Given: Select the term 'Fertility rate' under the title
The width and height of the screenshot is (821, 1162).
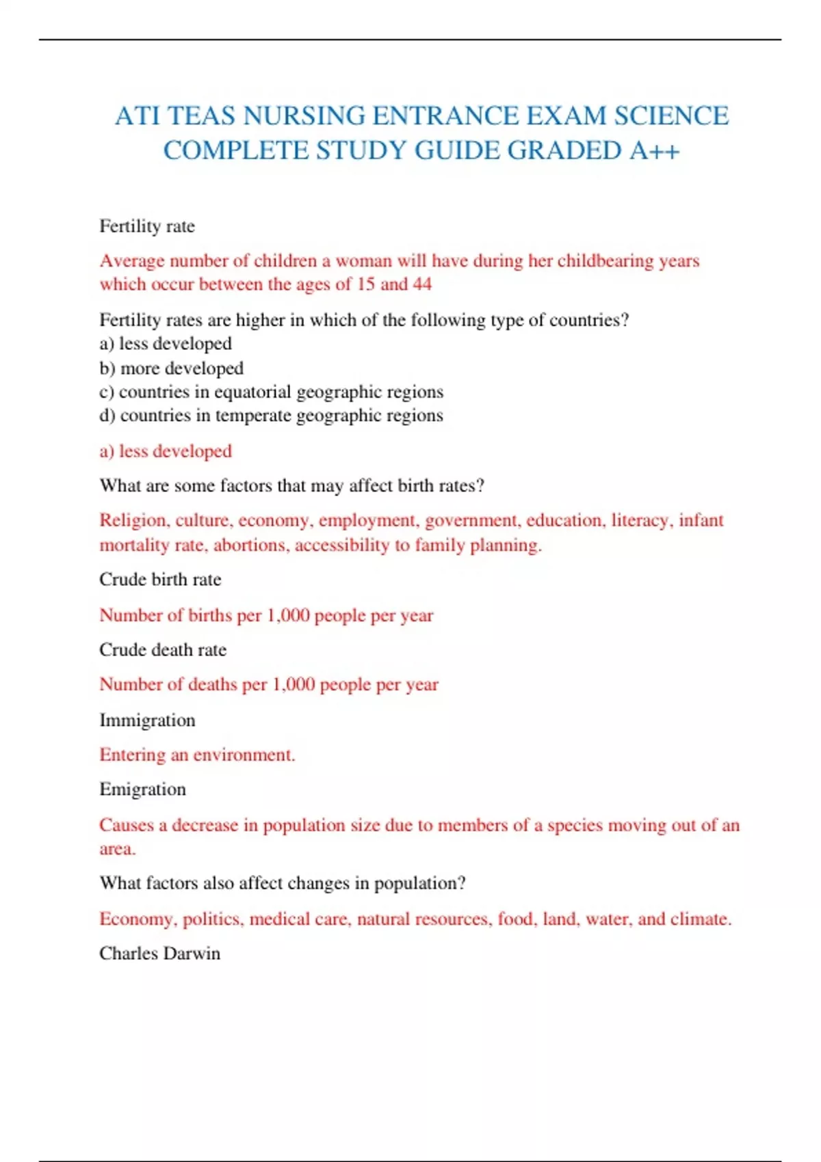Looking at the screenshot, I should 147,226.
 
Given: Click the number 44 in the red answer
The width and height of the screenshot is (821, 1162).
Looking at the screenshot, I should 422,284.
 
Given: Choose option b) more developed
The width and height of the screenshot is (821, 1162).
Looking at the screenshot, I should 171,368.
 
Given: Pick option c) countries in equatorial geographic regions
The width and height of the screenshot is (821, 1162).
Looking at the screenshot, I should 271,392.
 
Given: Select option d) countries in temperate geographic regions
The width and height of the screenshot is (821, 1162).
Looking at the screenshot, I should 271,416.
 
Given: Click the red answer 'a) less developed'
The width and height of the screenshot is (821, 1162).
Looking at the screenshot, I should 166,451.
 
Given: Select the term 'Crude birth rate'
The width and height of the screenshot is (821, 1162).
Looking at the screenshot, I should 160,580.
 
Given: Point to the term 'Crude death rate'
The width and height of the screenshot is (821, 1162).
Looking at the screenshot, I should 163,649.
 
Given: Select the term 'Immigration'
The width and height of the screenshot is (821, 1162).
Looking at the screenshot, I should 147,720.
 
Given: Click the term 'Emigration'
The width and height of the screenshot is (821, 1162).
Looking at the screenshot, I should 142,789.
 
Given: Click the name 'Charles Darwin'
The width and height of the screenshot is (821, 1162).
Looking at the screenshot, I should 159,954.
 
